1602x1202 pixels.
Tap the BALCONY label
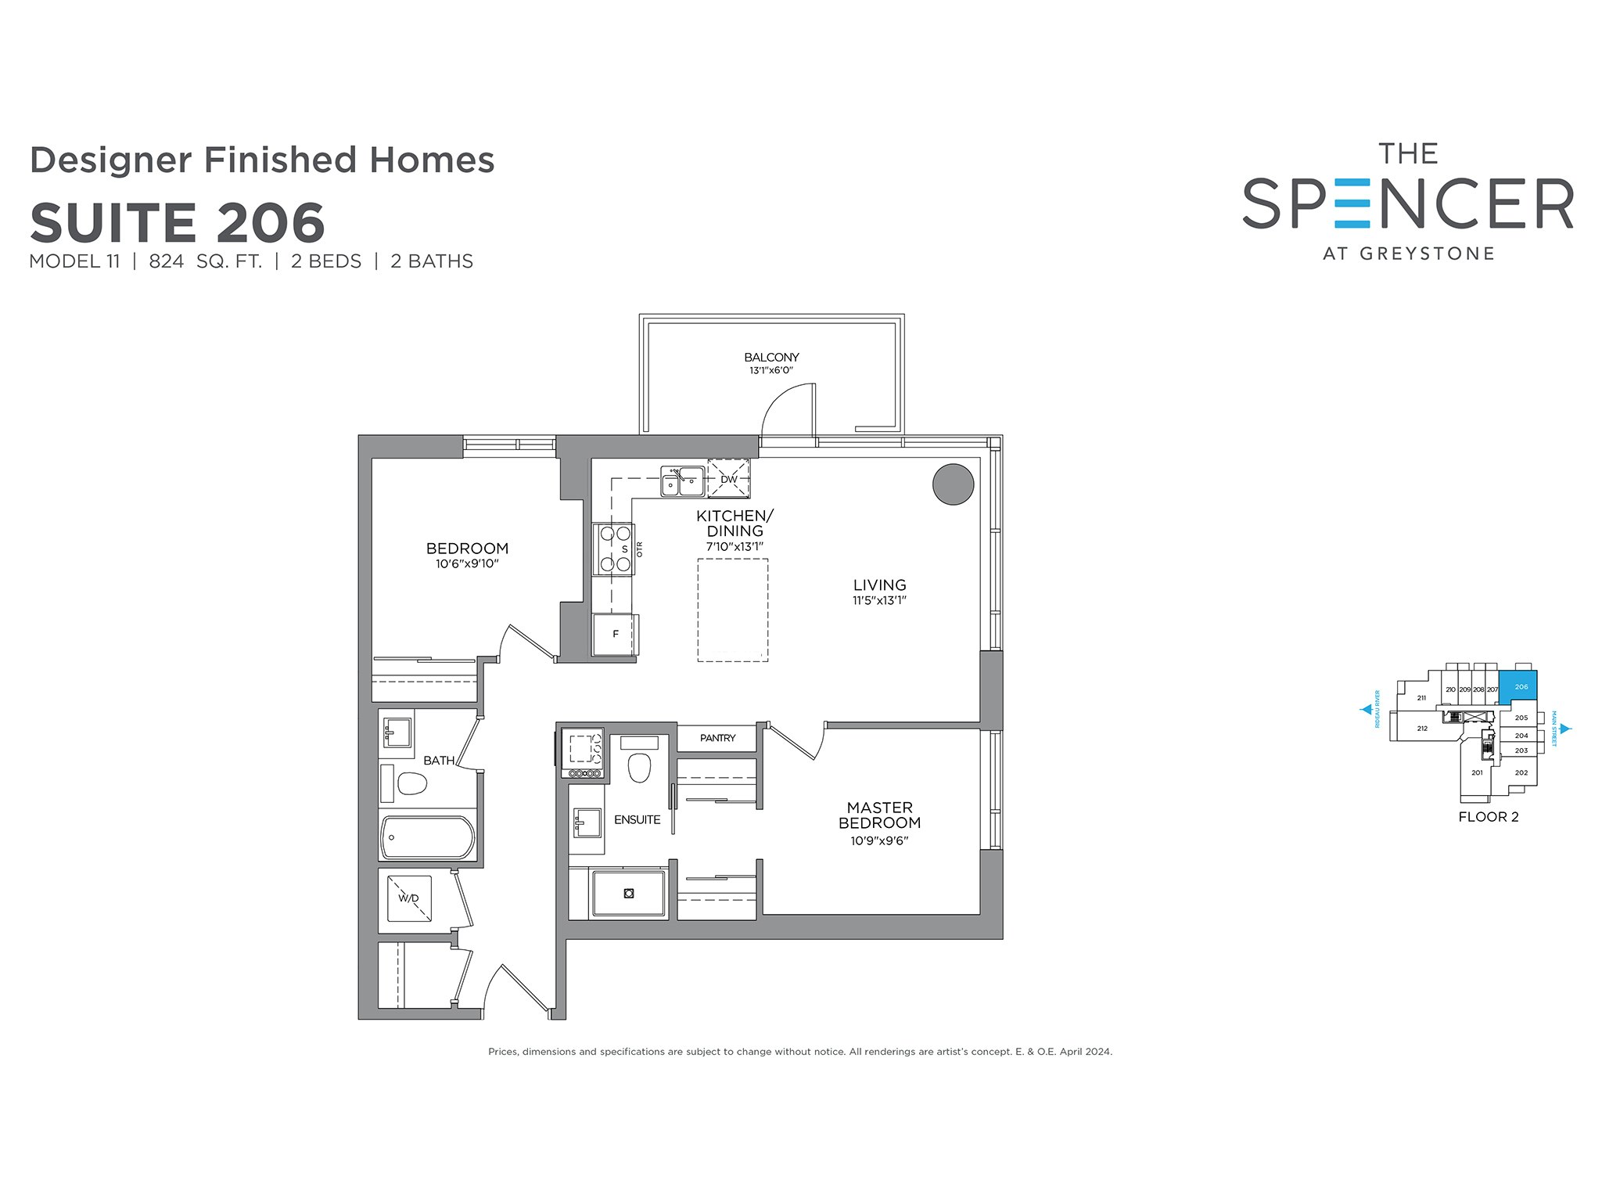(x=771, y=357)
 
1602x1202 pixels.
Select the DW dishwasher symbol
(x=728, y=479)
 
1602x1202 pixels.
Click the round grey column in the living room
(x=953, y=484)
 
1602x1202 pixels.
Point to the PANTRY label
(x=717, y=738)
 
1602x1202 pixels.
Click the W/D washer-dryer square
(x=409, y=898)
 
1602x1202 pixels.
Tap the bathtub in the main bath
(x=427, y=838)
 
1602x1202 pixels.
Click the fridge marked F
(x=615, y=634)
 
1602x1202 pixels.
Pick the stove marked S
(x=614, y=549)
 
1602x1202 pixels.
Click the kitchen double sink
(x=682, y=481)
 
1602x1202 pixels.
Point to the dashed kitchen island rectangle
(x=733, y=610)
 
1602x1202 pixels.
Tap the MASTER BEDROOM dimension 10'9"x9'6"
(x=879, y=841)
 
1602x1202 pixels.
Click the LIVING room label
(x=879, y=585)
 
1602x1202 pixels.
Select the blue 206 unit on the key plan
(x=1518, y=686)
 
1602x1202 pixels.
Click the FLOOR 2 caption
(x=1489, y=817)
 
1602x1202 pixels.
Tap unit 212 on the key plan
(x=1422, y=729)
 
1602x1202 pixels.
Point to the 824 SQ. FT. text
(x=205, y=261)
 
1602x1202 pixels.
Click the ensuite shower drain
(x=629, y=893)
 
